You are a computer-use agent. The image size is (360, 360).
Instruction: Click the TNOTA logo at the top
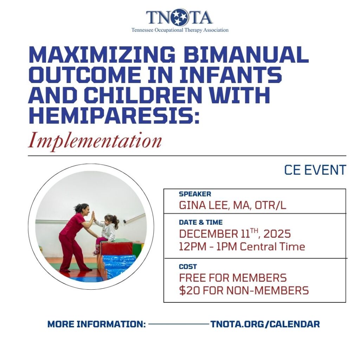[179, 18]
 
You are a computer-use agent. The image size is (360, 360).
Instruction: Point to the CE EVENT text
[315, 170]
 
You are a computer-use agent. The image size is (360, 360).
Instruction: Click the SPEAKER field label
[195, 194]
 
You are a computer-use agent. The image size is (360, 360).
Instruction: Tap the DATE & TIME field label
[200, 223]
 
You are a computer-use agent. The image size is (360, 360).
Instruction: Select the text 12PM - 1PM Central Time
[242, 246]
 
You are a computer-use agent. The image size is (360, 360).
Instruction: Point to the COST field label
[188, 267]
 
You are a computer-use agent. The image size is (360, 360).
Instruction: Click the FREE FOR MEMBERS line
[233, 278]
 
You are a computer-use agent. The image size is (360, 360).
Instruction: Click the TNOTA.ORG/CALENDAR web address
[265, 324]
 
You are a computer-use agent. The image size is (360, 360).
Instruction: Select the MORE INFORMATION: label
[96, 324]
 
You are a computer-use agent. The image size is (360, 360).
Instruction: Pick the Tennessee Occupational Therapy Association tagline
[180, 30]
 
